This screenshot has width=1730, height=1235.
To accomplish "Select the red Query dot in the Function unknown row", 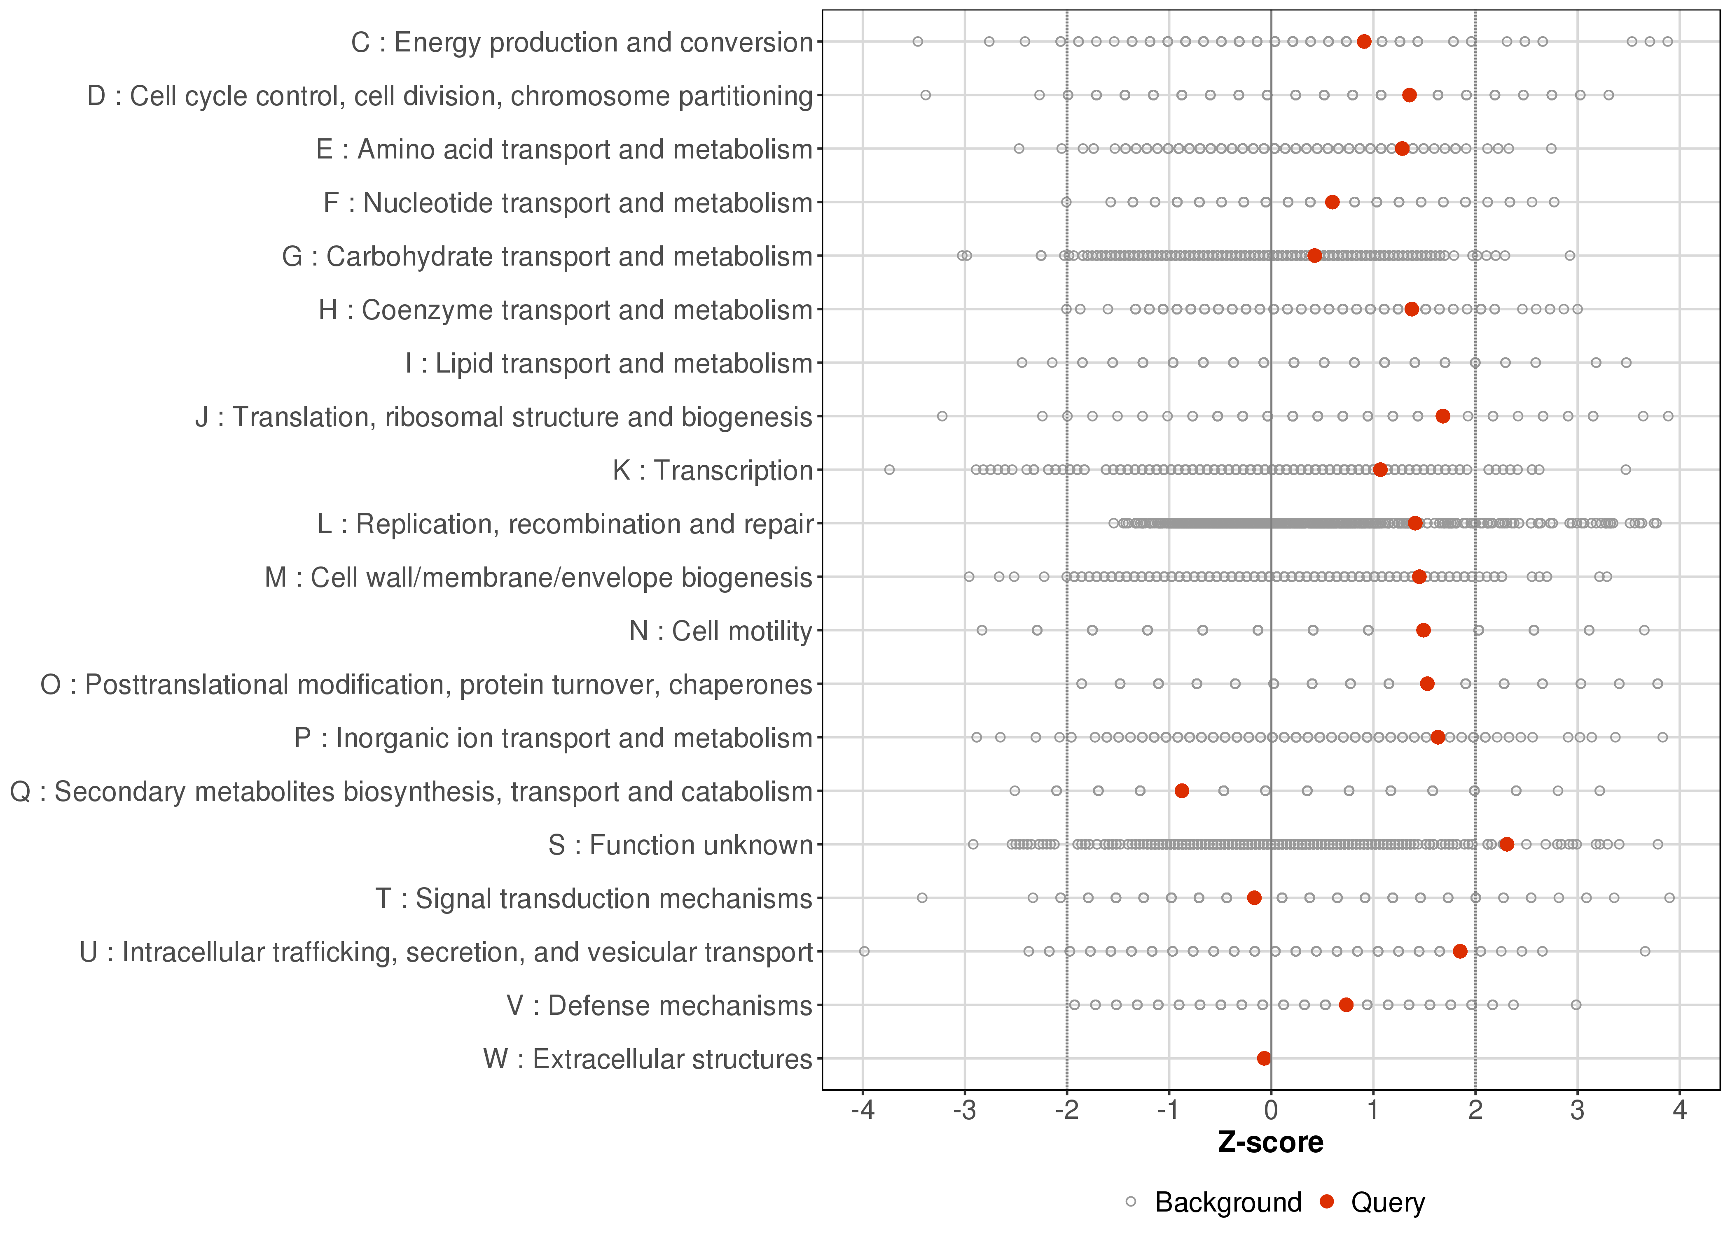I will pos(1506,844).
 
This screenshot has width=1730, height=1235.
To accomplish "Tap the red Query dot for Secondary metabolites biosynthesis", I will pos(1181,791).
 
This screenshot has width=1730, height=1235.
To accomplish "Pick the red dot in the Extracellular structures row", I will pos(1264,1058).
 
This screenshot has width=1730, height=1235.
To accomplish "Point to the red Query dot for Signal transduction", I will pos(1255,898).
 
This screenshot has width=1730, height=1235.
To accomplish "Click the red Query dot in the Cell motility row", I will pos(1424,630).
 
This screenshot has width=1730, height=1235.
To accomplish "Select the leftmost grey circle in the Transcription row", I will pos(889,470).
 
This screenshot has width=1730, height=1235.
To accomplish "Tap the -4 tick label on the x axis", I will pos(863,1110).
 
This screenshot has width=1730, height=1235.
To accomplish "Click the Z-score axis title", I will pos(1270,1142).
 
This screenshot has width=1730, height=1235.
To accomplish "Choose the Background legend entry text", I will pos(1228,1202).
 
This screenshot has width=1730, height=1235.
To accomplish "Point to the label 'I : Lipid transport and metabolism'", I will pos(609,364).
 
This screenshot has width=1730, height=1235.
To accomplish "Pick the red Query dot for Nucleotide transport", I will pos(1332,202).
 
